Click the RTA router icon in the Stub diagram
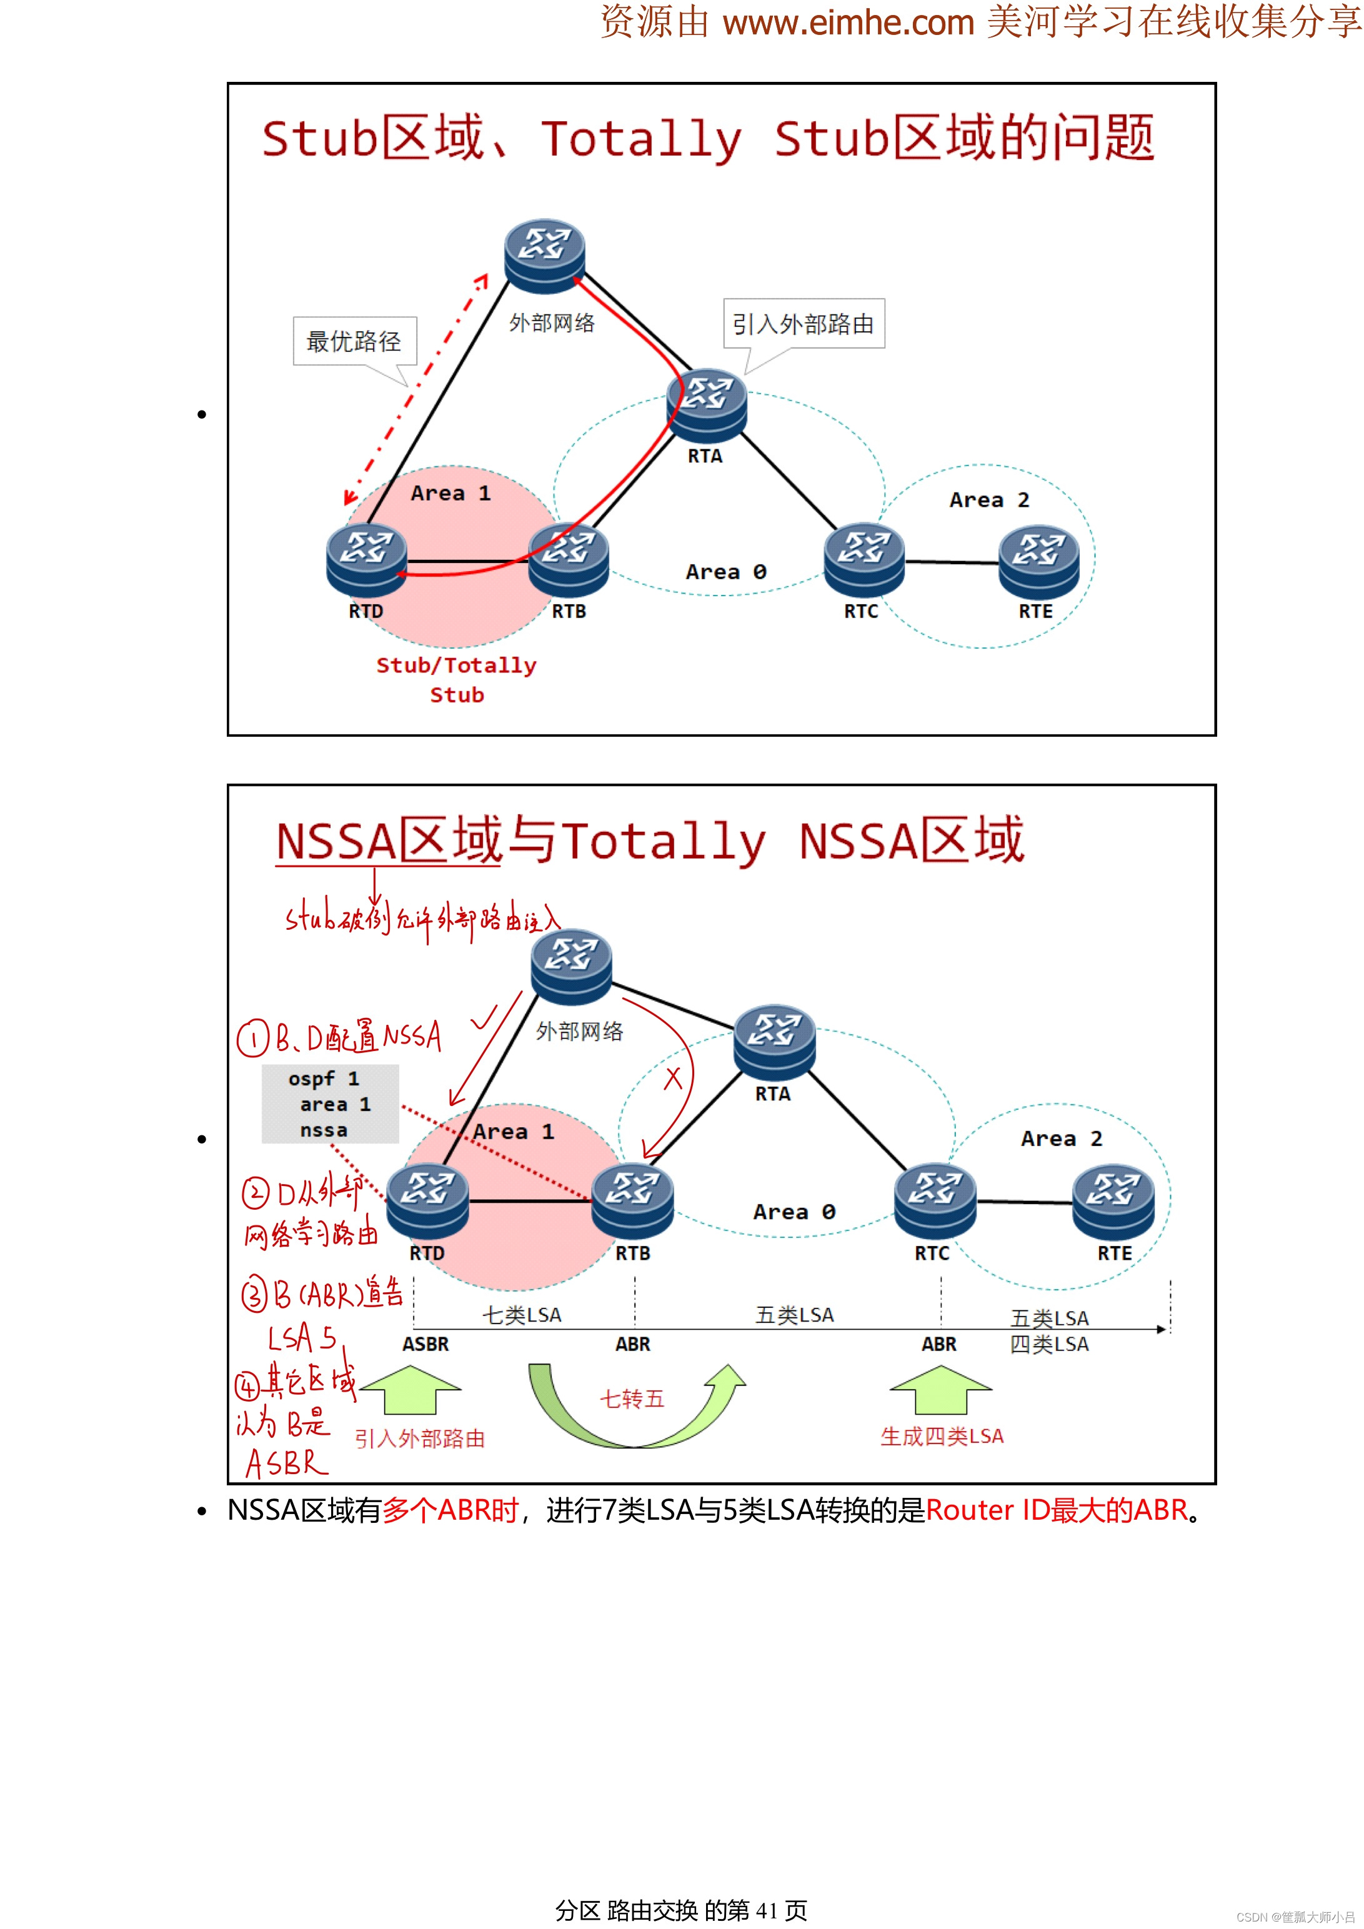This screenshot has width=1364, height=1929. click(x=706, y=405)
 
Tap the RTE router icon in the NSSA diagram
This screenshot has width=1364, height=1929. click(x=1113, y=1202)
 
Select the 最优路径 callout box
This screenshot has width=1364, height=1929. click(x=354, y=341)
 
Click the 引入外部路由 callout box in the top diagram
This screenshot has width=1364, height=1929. click(x=803, y=324)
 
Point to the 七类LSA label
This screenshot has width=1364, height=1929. click(x=522, y=1315)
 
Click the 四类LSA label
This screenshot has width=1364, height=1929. click(x=1049, y=1344)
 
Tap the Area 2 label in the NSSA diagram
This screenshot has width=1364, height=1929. click(x=1061, y=1139)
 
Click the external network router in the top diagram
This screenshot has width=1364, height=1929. click(x=544, y=256)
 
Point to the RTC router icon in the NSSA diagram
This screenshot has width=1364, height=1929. click(x=935, y=1202)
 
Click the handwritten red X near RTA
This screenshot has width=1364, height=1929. click(x=673, y=1078)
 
